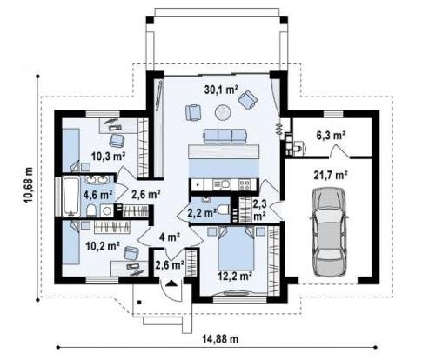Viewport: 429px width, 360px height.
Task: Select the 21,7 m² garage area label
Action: click(330, 175)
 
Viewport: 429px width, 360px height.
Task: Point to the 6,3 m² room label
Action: click(331, 135)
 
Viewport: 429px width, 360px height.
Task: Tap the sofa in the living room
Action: click(225, 137)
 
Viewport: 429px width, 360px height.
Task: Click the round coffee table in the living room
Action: click(223, 110)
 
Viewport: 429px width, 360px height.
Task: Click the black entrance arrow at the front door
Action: click(173, 283)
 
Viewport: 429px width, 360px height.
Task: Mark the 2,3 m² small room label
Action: click(259, 209)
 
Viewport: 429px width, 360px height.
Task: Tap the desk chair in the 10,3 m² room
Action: click(117, 140)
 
